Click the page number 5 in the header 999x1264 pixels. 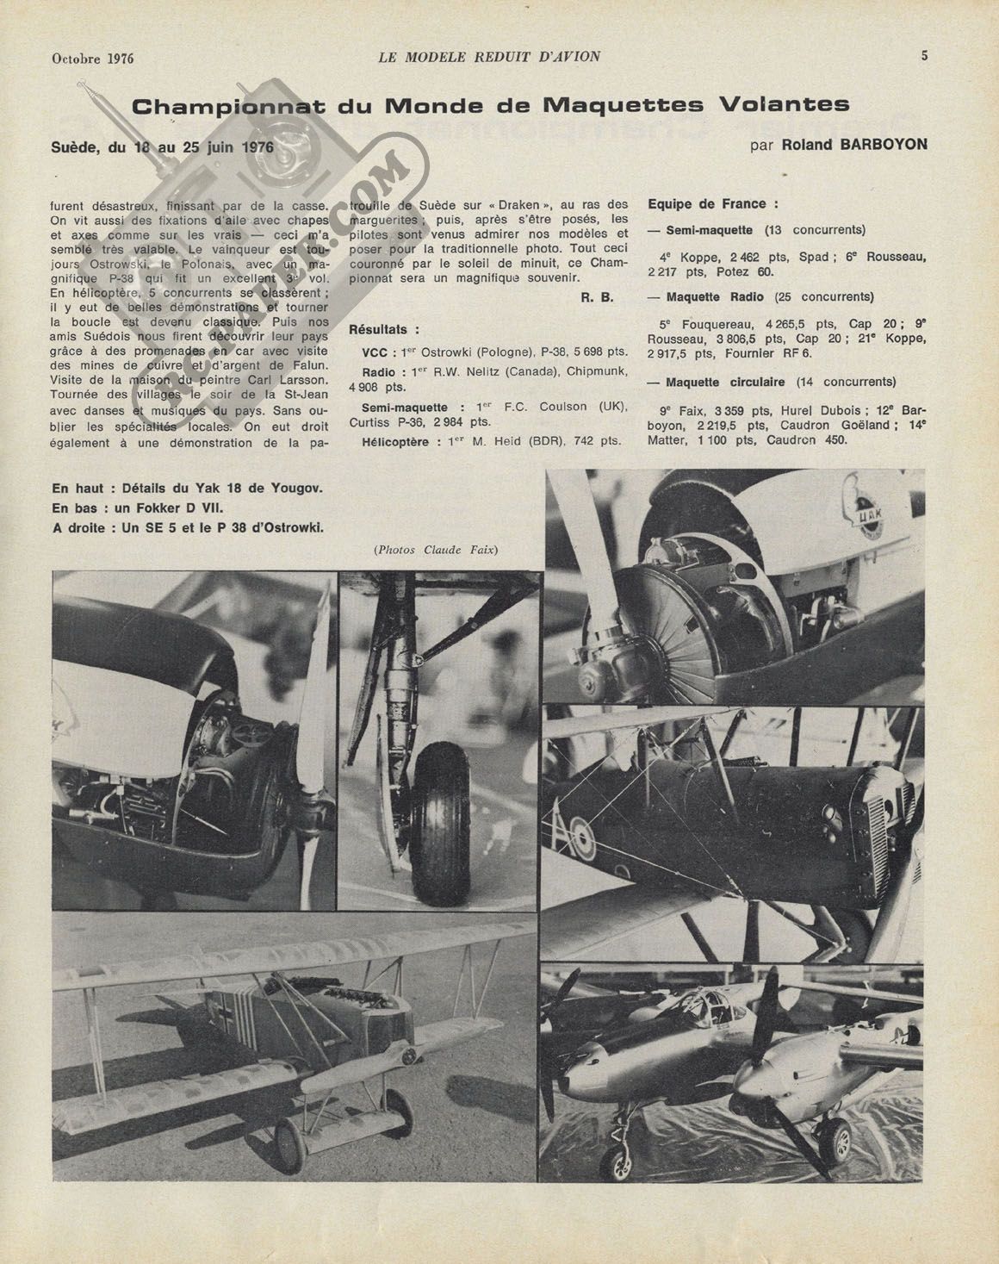(924, 56)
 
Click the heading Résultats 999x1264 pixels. (385, 329)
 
